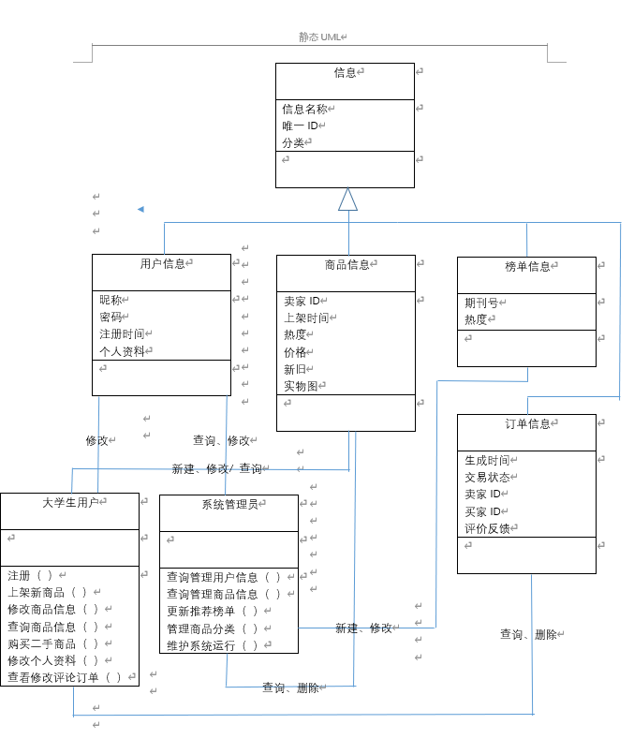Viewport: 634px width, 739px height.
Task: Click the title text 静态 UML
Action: coord(319,37)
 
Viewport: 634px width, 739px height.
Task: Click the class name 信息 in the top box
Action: coord(345,72)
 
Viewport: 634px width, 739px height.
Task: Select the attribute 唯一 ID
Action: coord(301,126)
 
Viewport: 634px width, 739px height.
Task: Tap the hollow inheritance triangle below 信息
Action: coord(348,199)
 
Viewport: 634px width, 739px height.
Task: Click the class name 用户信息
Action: coord(162,264)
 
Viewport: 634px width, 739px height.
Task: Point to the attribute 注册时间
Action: coord(122,333)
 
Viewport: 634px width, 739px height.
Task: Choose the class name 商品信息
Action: coord(346,265)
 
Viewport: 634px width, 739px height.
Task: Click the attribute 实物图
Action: coord(301,386)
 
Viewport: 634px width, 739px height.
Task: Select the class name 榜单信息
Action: coord(527,267)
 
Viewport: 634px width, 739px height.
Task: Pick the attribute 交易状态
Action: coord(487,477)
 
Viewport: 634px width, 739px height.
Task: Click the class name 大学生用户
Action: coord(70,502)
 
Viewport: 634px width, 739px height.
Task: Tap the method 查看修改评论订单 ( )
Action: coord(65,677)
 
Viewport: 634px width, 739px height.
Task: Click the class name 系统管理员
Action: coord(229,505)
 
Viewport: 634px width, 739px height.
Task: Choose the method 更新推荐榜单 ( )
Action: coord(212,611)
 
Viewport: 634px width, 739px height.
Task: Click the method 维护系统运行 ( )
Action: coord(212,645)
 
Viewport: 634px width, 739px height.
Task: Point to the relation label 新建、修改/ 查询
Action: coord(216,468)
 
